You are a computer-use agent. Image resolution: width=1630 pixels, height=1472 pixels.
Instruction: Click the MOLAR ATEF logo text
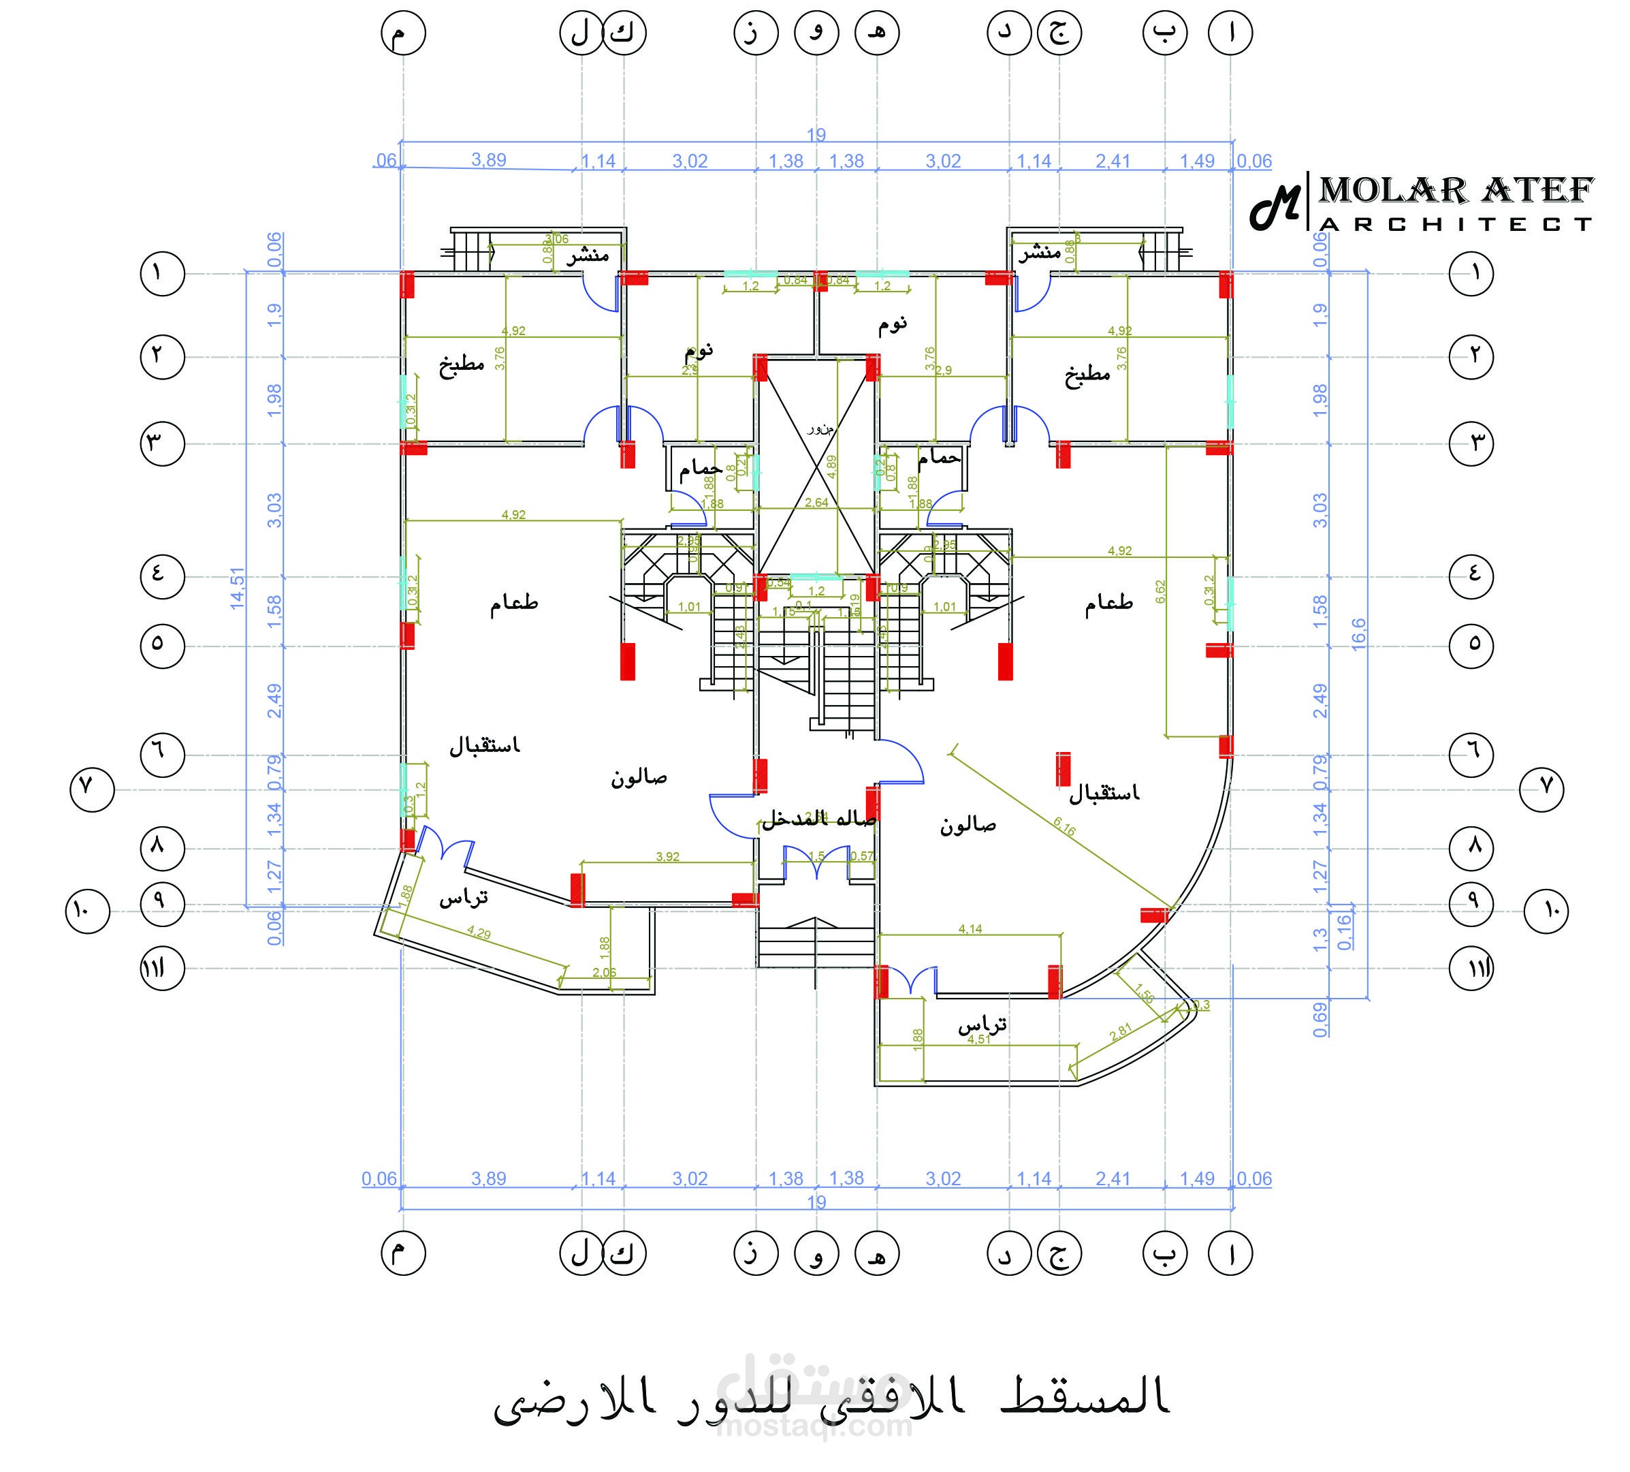coord(1456,191)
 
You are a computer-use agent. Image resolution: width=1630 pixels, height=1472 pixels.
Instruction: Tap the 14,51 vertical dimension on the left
coord(237,588)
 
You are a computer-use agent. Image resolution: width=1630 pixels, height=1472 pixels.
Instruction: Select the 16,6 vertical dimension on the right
coord(1358,633)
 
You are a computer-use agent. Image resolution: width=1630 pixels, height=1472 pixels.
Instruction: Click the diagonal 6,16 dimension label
coord(1065,826)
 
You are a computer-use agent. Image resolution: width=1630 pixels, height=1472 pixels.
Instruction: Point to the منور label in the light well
coord(820,428)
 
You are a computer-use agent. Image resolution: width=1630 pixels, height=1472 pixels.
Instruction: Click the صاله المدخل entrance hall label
coord(818,819)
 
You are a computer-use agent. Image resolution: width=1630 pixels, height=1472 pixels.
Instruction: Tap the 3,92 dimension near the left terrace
coord(668,856)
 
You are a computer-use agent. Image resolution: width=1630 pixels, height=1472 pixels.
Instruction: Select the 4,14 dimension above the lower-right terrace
coord(970,928)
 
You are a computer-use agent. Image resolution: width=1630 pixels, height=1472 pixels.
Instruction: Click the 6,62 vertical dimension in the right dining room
coord(1161,591)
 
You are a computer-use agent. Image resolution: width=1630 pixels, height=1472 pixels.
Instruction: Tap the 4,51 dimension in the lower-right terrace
coord(979,1039)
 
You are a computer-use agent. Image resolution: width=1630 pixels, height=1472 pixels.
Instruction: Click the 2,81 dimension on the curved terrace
coord(1121,1032)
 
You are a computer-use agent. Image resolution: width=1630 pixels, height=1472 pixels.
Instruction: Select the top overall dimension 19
coord(816,134)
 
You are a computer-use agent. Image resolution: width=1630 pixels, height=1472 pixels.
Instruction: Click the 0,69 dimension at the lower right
coord(1320,1020)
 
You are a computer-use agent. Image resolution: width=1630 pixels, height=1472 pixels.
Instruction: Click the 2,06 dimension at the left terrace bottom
coord(604,972)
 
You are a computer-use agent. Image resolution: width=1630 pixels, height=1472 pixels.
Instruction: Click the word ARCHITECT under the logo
coord(1456,224)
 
